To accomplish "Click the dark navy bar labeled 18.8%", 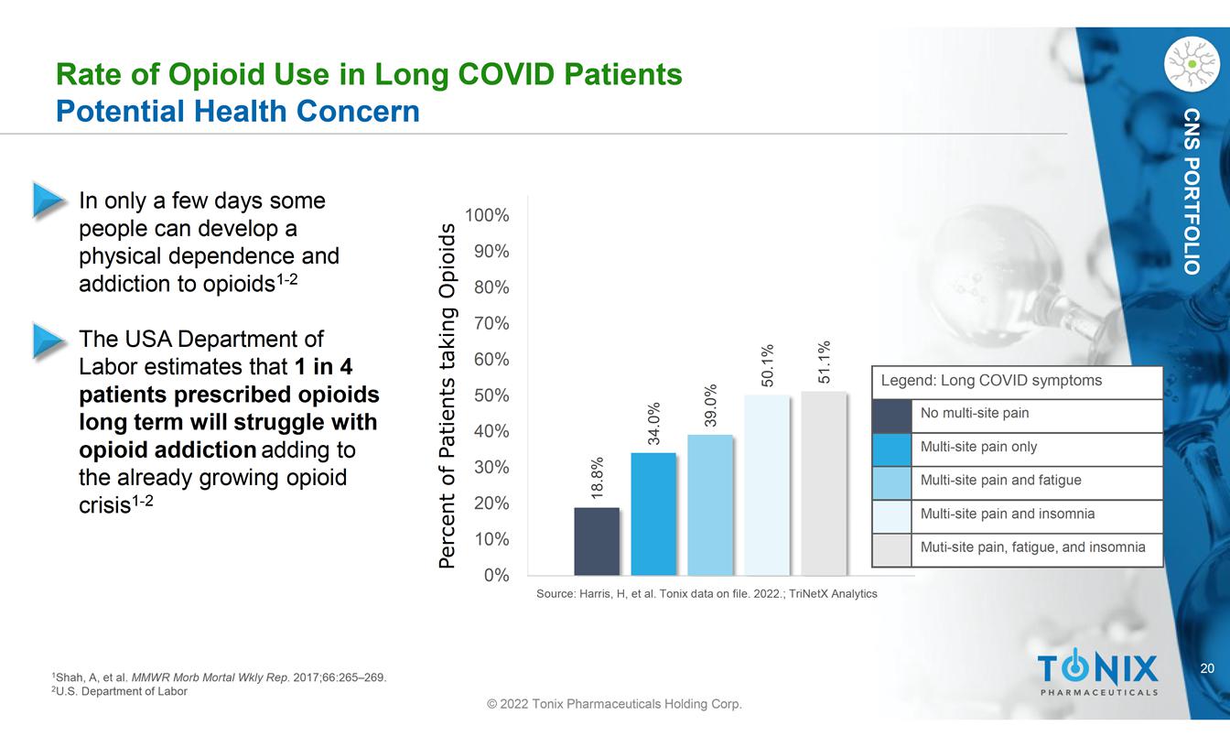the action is coord(597,541).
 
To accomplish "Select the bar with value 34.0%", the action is coord(653,514).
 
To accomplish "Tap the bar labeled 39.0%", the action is coord(710,504).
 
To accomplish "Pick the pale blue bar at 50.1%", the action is coord(767,485).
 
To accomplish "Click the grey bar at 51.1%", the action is coord(824,483).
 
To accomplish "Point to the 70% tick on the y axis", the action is coord(492,323).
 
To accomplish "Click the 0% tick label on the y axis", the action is coord(497,575).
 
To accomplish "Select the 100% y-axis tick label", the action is coord(487,215).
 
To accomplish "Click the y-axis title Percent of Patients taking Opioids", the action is coord(448,395).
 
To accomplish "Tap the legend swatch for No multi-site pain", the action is coord(891,416).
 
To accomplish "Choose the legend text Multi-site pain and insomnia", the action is coord(1008,514).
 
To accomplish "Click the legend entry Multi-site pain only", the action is coord(978,447).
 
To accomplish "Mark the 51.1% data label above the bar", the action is coord(824,362).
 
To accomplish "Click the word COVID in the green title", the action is coord(506,74).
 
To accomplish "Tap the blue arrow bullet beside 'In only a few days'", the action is coord(49,200).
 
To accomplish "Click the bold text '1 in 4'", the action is coord(323,366).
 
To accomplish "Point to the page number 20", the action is coord(1207,668).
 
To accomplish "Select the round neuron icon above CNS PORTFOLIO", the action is coord(1192,64).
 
